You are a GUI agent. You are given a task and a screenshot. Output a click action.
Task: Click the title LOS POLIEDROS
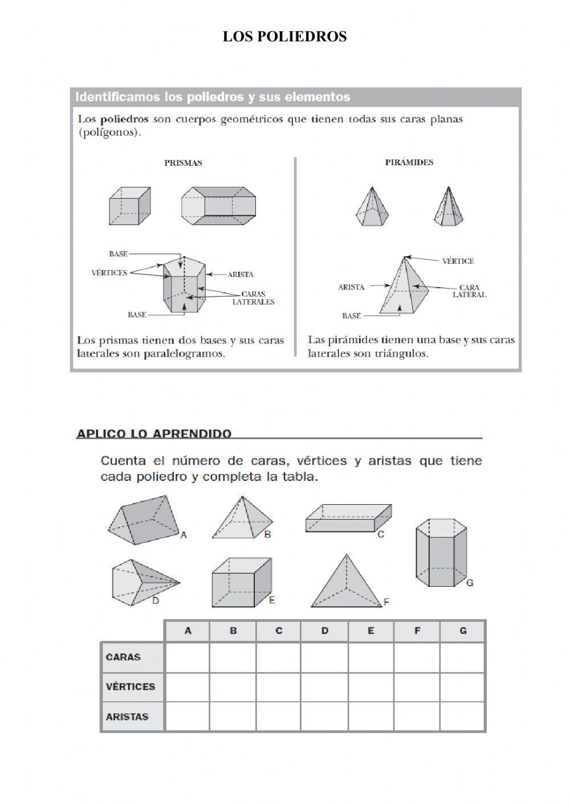[x=284, y=36]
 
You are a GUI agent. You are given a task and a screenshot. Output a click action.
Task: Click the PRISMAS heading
[x=183, y=163]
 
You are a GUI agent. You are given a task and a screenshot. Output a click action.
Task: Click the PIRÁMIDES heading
[x=409, y=162]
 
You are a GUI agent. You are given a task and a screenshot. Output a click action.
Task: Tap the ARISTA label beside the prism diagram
[x=240, y=275]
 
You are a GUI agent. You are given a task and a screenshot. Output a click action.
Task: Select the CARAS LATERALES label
[x=253, y=298]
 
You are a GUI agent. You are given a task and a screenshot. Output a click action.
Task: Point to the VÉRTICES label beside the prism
[x=109, y=273]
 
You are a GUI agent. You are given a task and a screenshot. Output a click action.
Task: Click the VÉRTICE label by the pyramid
[x=458, y=261]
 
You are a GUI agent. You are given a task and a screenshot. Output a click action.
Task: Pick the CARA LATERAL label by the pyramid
[x=469, y=291]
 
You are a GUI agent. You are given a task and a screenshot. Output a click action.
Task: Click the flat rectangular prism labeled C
[x=348, y=518]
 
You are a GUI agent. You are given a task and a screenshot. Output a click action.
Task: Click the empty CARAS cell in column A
[x=187, y=657]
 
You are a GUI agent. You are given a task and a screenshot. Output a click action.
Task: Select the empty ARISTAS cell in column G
[x=462, y=717]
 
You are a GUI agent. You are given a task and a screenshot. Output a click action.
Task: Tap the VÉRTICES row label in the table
[x=131, y=687]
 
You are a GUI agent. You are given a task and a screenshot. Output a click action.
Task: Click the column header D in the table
[x=325, y=631]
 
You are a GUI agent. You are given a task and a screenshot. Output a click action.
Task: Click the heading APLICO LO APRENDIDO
[x=154, y=434]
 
